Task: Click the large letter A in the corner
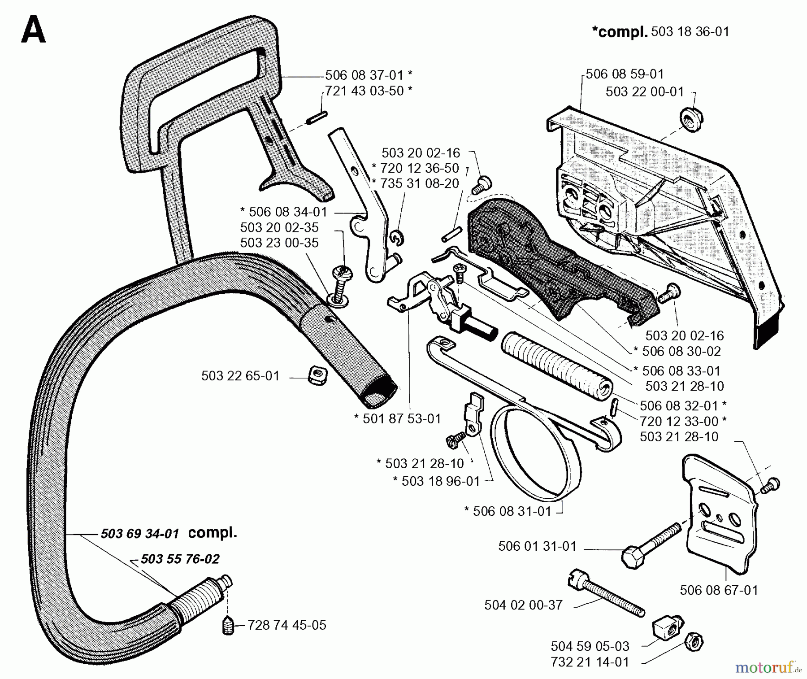pos(33,30)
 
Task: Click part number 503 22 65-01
pos(240,376)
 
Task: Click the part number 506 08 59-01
pos(625,74)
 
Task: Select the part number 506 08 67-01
pos(719,590)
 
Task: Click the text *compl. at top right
pos(620,32)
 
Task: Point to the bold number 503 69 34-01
pos(140,534)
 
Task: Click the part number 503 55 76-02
pos(180,559)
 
